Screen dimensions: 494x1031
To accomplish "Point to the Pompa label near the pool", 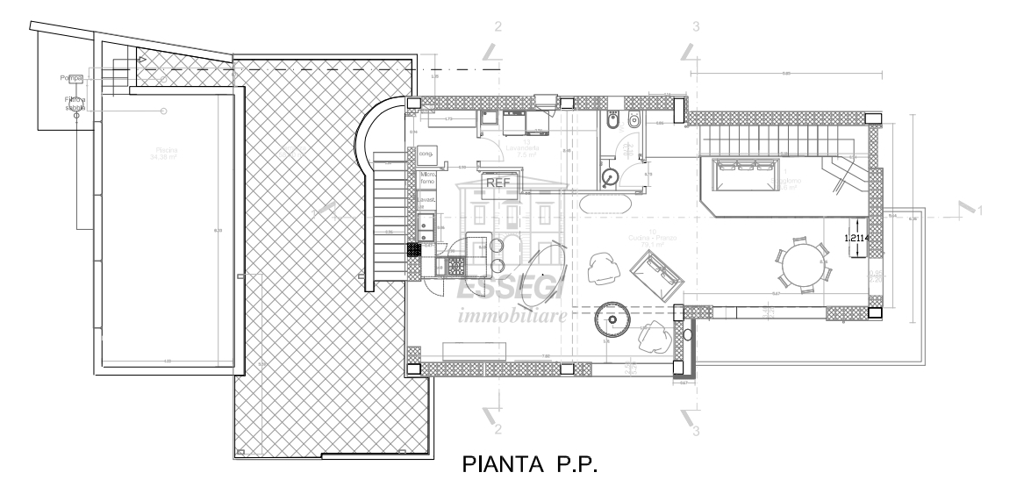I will [x=71, y=78].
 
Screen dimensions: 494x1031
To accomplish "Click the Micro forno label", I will [x=428, y=179].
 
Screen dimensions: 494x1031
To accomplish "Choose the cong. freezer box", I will [x=427, y=154].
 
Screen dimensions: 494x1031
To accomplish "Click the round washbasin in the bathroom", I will [x=612, y=178].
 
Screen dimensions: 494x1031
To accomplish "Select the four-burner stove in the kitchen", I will [x=456, y=262].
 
